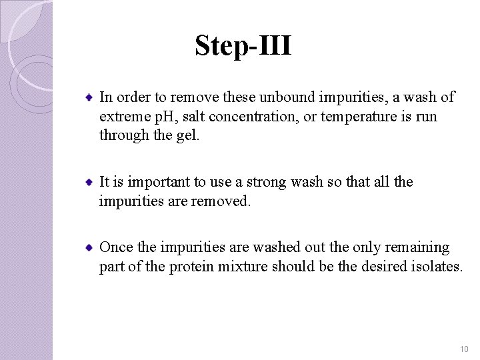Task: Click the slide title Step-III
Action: pos(243,46)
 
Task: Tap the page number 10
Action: pos(464,349)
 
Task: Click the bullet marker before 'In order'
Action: pos(89,98)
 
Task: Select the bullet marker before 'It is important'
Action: pos(89,182)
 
